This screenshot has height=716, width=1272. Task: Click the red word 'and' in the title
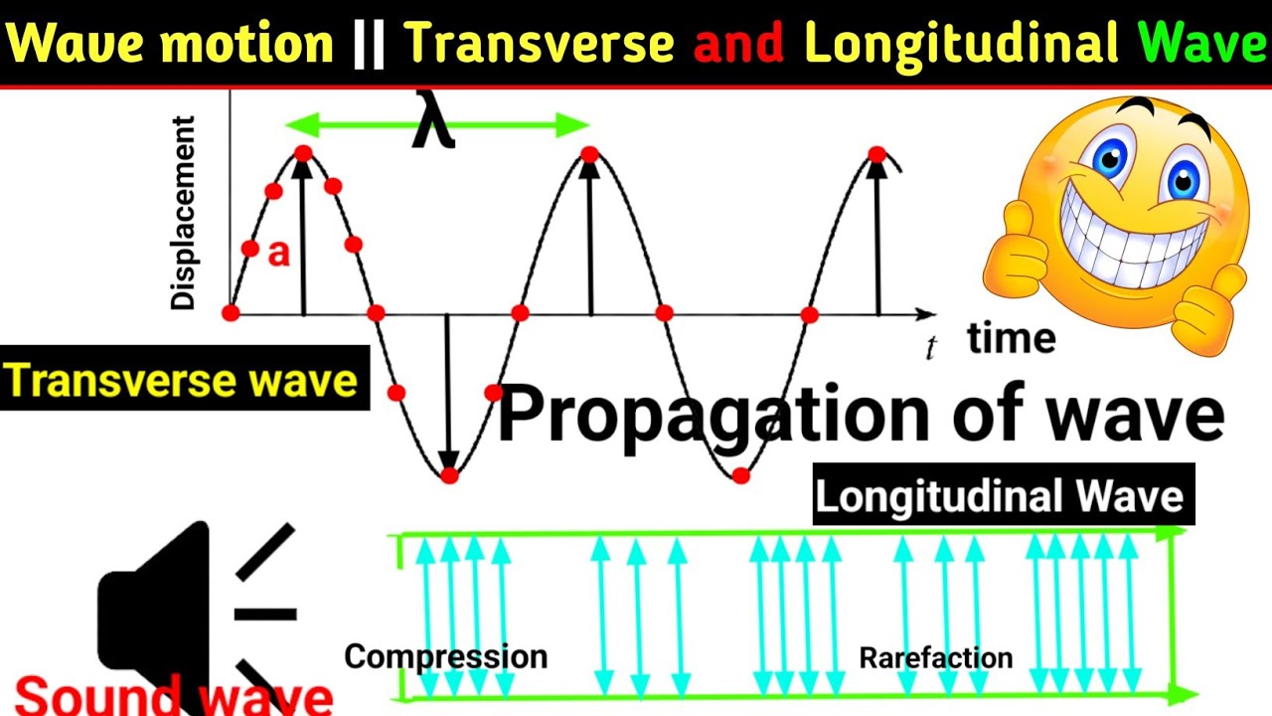[739, 44]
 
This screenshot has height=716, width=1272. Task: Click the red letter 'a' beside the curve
[279, 255]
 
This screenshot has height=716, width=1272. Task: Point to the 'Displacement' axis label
[183, 213]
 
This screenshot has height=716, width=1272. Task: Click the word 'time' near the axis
[1011, 339]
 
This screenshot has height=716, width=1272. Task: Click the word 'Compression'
[445, 656]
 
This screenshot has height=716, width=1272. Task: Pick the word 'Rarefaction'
[935, 657]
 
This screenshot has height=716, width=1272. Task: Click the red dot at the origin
[231, 313]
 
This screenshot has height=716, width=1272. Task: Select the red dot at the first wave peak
[303, 153]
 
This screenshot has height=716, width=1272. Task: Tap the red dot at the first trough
[449, 475]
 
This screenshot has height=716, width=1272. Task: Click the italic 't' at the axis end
[931, 348]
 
